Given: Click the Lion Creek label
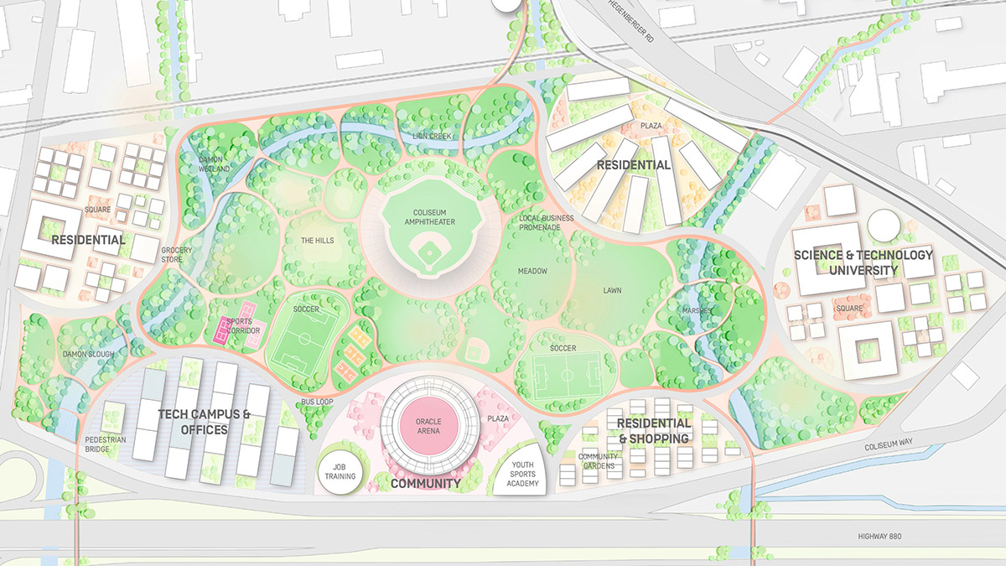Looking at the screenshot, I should [433, 136].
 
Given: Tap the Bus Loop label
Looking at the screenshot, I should [319, 402].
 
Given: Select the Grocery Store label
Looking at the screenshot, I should [177, 254].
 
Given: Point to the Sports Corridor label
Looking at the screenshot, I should [243, 327].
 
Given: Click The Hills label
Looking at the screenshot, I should [317, 241].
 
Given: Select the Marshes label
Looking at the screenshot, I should [696, 311].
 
